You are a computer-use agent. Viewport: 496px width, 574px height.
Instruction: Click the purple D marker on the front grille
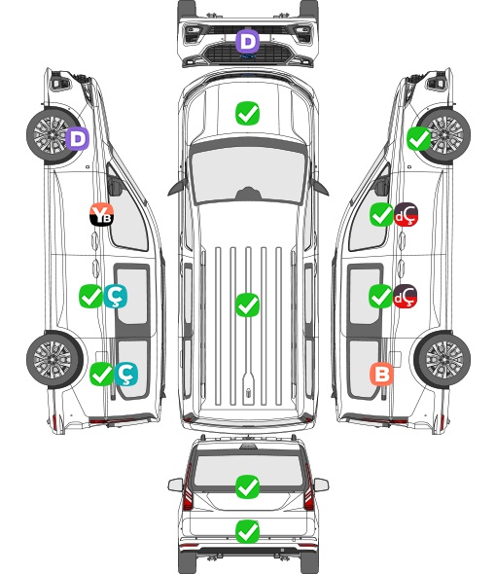pos(247,42)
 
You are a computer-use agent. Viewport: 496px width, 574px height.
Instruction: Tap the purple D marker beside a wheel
pos(77,138)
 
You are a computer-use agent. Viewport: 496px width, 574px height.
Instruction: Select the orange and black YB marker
pos(101,214)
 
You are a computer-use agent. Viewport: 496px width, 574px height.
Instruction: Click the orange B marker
pos(381,374)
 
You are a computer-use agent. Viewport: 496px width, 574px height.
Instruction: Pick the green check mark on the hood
pos(247,113)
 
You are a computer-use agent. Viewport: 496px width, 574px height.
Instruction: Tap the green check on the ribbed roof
pos(247,305)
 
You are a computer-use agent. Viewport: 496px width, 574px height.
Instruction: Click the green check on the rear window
pos(247,486)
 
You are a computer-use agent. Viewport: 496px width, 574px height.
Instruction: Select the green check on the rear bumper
pos(247,531)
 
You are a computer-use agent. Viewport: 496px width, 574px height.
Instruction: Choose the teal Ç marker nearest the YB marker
pos(116,296)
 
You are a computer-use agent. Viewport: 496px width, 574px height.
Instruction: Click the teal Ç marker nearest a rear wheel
pos(125,374)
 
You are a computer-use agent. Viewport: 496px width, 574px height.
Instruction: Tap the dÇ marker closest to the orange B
pos(405,296)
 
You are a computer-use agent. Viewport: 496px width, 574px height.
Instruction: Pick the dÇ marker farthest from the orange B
pos(406,214)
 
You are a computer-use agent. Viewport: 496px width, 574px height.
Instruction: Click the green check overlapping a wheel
pos(419,139)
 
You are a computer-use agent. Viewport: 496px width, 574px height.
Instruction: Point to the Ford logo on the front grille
pos(248,56)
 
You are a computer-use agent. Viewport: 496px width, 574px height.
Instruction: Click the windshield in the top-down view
pos(248,172)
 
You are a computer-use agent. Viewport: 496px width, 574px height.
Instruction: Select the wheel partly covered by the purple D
pos(54,135)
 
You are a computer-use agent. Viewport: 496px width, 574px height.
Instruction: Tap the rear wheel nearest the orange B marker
pos(443,359)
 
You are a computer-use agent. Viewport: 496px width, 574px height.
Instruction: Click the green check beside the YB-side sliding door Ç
pos(90,296)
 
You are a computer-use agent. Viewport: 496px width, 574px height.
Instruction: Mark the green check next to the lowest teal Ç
pos(101,374)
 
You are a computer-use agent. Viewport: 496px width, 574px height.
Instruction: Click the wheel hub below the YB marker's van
pos(54,360)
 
